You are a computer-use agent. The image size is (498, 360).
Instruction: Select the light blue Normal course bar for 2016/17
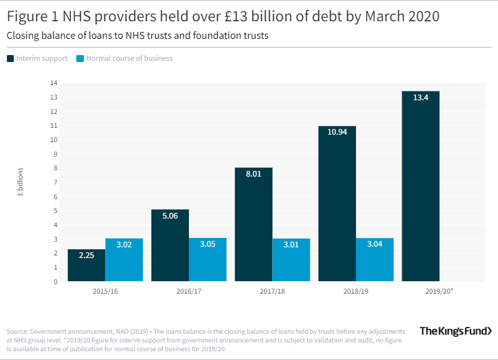[207, 260]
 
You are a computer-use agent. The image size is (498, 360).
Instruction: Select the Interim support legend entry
[37, 58]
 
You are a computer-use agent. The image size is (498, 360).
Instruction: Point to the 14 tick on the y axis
[54, 83]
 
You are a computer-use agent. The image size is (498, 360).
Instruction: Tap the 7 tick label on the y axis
[56, 182]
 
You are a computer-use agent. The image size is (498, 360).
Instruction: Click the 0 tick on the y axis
[56, 282]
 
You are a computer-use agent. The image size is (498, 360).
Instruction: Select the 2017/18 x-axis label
[272, 291]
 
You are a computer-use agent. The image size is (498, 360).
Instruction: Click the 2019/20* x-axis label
[439, 291]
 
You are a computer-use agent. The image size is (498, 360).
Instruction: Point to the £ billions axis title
[20, 182]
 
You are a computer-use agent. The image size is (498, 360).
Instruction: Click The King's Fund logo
[455, 331]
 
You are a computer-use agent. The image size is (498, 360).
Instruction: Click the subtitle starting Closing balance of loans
[137, 36]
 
